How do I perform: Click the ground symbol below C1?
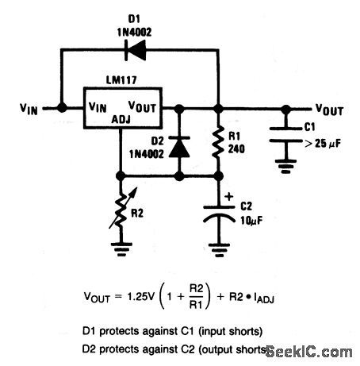click(285, 168)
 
